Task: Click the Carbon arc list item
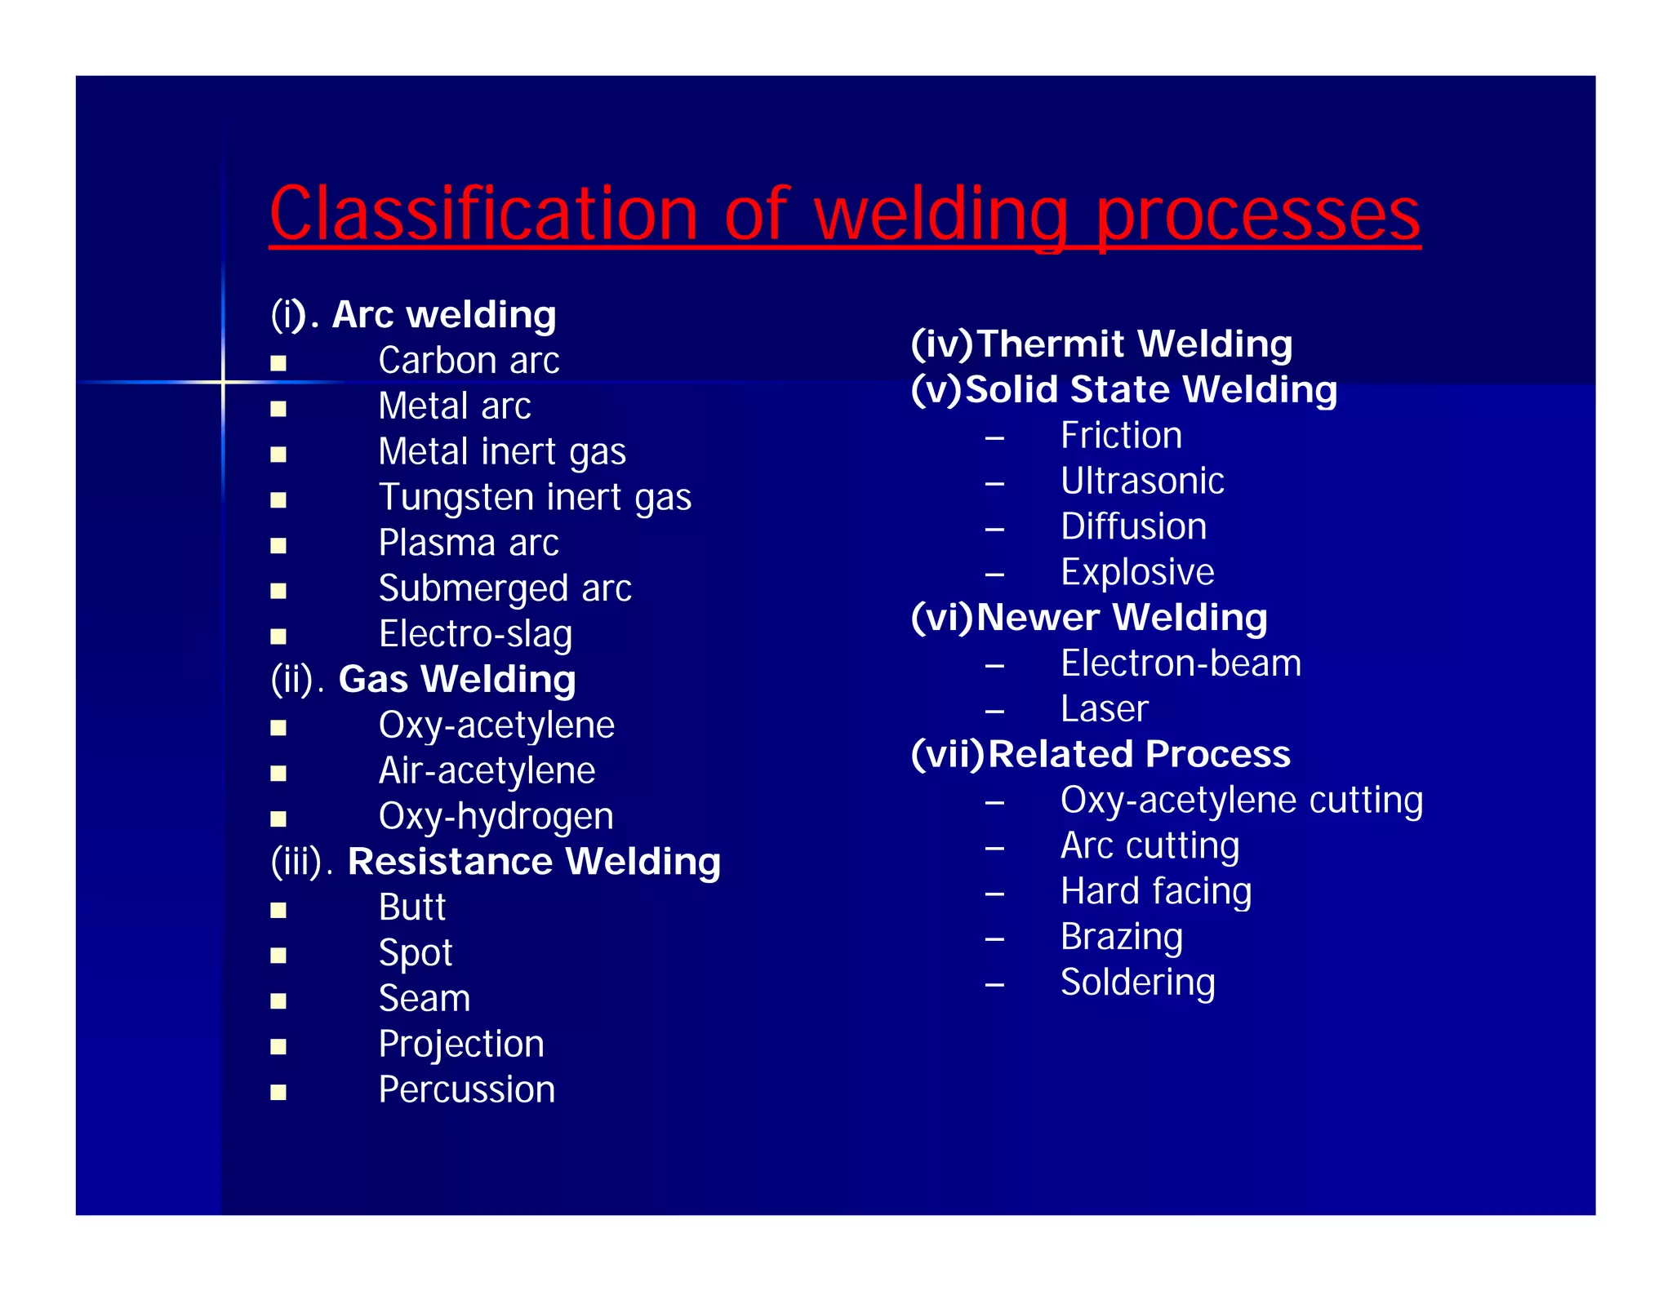click(x=469, y=361)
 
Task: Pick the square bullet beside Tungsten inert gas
click(x=278, y=500)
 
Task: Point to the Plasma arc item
click(x=469, y=543)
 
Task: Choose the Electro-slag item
click(x=475, y=635)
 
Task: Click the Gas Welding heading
click(x=456, y=680)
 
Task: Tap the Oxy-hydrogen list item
click(x=496, y=817)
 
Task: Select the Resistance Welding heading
click(x=534, y=862)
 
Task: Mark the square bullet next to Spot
click(x=278, y=956)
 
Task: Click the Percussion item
click(x=466, y=1090)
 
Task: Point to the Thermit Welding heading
click(x=1134, y=344)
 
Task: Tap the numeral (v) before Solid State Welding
click(x=936, y=389)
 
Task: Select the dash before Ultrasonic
click(x=994, y=484)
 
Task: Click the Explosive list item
click(x=1137, y=572)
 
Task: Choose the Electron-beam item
click(x=1181, y=663)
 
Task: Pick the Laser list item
click(x=1104, y=709)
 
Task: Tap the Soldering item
click(x=1137, y=983)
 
